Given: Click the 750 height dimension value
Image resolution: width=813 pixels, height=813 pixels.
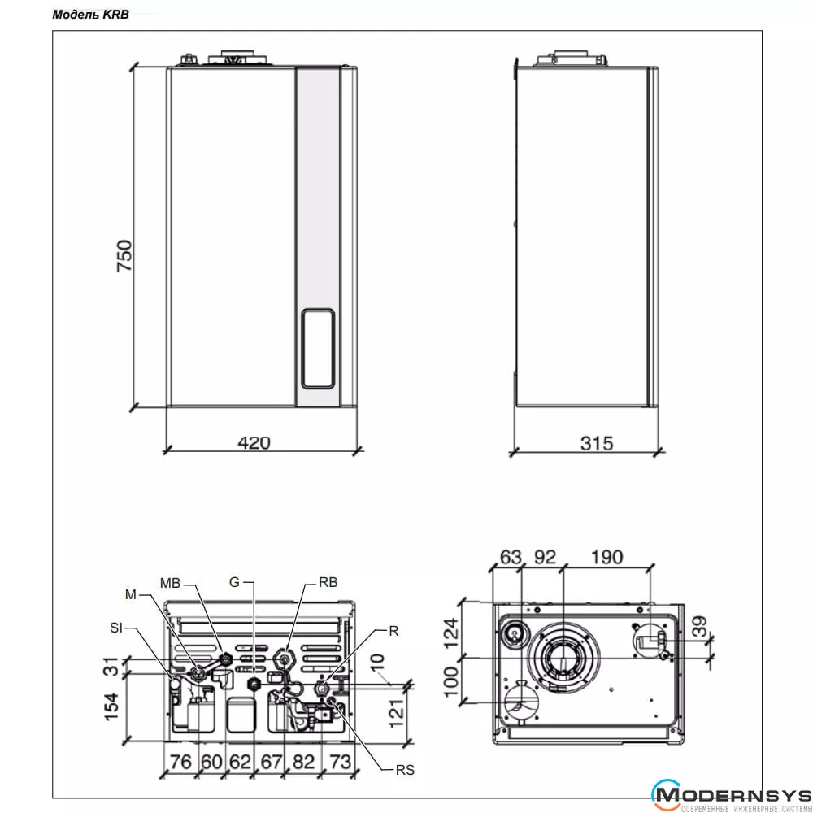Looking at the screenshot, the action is click(x=124, y=255).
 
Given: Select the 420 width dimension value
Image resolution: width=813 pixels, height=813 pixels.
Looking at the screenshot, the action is click(x=254, y=443).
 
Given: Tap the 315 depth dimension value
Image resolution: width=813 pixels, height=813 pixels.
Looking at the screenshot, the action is click(x=597, y=443).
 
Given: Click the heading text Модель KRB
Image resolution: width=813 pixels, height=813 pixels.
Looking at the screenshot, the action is click(x=90, y=15).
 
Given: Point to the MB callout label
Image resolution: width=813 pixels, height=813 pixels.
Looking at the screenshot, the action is click(x=170, y=583).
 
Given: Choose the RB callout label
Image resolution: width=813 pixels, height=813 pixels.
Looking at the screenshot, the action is click(x=328, y=582).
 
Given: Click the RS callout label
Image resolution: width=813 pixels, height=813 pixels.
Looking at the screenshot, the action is click(x=405, y=770).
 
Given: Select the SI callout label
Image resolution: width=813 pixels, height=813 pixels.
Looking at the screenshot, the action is click(x=116, y=628).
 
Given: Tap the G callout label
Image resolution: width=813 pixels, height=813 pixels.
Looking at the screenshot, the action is click(x=234, y=582).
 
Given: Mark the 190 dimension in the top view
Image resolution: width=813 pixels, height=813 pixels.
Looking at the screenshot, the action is click(x=606, y=558).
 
